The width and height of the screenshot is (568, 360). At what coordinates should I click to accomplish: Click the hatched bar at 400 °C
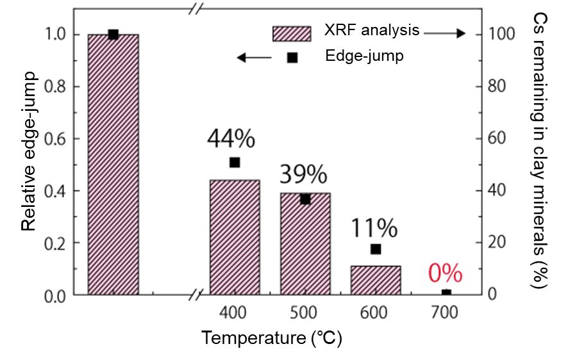click(x=235, y=238)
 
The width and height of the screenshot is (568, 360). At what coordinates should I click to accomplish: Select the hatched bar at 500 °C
click(x=305, y=244)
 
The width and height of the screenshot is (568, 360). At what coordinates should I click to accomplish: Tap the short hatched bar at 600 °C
click(x=376, y=280)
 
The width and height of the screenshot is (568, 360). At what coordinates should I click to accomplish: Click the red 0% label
click(x=445, y=274)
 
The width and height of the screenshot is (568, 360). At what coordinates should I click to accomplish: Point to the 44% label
click(x=231, y=138)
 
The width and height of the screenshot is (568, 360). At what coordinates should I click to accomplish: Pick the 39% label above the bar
click(x=303, y=174)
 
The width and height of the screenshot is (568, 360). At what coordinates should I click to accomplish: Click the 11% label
click(x=374, y=227)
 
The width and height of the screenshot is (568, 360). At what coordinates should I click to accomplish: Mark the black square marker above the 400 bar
click(x=235, y=163)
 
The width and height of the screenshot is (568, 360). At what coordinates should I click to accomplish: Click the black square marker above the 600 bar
click(x=376, y=249)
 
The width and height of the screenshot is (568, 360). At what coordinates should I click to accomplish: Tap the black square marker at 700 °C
click(x=446, y=294)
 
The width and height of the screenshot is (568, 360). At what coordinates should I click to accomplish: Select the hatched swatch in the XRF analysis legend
click(x=292, y=33)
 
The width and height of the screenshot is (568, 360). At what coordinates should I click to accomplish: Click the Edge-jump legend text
click(x=364, y=56)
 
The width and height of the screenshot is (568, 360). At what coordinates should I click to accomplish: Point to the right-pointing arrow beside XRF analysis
click(x=444, y=33)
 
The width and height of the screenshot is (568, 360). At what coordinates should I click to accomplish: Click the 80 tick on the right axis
click(x=496, y=86)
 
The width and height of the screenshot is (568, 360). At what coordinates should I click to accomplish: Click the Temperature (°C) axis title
click(x=271, y=338)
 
